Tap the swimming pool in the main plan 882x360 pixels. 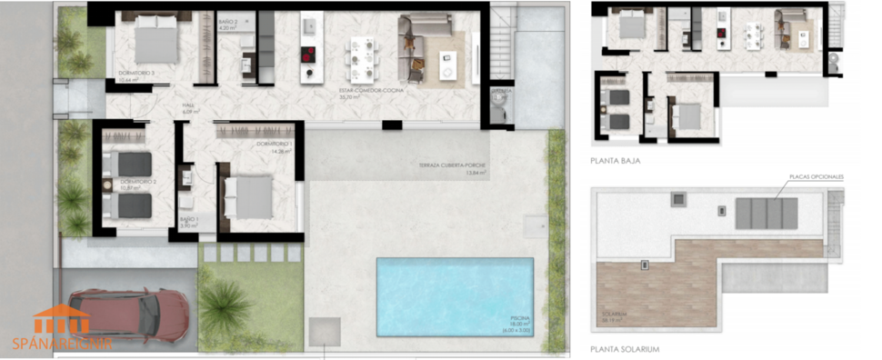[x=455, y=296]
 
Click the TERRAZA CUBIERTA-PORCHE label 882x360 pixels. [x=451, y=166]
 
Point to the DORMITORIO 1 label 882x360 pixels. [x=275, y=145]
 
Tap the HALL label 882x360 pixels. [x=189, y=106]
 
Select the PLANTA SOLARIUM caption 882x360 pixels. [x=623, y=348]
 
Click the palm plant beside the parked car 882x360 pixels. [x=224, y=306]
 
